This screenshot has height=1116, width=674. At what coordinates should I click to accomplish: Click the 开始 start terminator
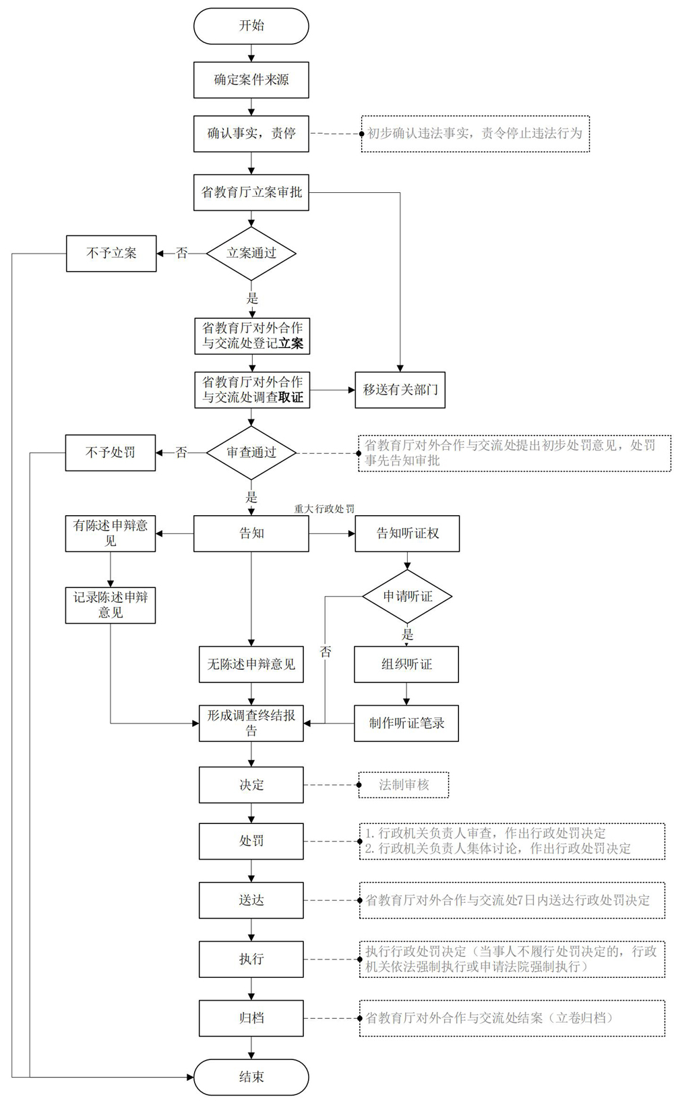pos(251,26)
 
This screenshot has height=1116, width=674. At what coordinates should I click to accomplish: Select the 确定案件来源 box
pos(251,80)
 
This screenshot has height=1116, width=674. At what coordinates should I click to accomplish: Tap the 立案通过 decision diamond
pos(251,254)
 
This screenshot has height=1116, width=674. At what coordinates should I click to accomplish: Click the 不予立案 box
pos(111,254)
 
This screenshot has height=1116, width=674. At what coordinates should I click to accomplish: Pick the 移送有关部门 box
pos(400,390)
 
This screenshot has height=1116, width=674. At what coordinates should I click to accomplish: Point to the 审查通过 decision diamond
pos(251,453)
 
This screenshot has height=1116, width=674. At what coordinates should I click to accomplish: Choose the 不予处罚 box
pos(110,453)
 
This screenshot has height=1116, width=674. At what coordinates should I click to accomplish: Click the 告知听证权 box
pos(407,533)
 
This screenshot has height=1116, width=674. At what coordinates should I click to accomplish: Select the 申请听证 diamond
pos(407,596)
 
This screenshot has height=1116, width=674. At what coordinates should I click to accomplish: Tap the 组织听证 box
pos(406,665)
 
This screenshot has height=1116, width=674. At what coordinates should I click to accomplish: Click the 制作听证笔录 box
pos(406,724)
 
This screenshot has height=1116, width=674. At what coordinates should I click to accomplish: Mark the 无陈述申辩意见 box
pos(251,665)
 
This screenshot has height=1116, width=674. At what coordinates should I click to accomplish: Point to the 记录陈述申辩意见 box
pos(110,606)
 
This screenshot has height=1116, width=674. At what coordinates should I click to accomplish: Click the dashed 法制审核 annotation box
pos(404,785)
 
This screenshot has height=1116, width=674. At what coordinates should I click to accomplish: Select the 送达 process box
pos(251,900)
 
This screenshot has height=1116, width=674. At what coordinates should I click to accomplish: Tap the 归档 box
pos(251,1018)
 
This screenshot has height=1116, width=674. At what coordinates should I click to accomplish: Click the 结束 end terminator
pos(251,1077)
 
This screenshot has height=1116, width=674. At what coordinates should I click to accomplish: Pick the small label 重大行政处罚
pos(324,508)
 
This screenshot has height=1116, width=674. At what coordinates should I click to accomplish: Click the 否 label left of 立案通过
pos(182,254)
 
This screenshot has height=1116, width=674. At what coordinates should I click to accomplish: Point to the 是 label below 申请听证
pos(408,635)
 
